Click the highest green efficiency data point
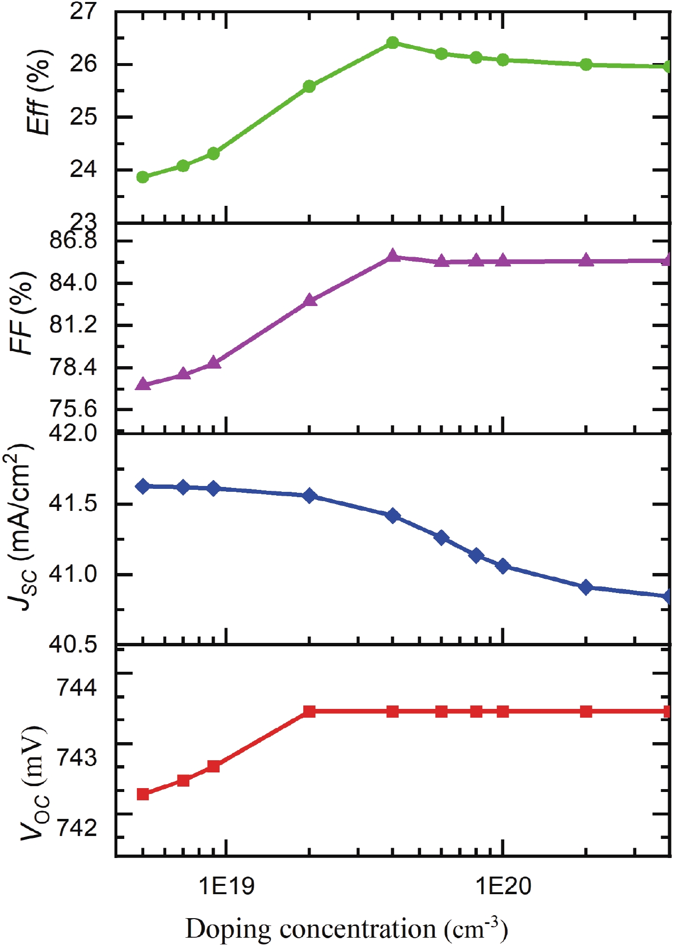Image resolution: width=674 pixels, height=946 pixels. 392,43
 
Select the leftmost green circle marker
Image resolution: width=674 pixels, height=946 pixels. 143,177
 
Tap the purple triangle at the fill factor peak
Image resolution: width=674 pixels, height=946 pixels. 392,256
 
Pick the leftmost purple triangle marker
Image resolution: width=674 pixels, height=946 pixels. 143,384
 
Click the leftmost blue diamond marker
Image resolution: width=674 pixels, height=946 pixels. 143,486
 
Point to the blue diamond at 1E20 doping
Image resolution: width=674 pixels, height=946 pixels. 503,566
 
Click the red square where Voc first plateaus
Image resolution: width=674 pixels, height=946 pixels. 309,711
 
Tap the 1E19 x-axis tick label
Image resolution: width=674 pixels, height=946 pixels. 226,885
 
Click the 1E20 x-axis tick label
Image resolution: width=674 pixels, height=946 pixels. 503,885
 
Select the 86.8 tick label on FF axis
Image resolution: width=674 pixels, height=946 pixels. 73,241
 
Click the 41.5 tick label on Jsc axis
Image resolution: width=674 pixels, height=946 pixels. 73,504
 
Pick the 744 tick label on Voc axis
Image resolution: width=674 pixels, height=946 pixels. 77,687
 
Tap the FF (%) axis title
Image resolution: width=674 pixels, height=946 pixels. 22,313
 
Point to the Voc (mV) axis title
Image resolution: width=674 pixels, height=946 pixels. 34,782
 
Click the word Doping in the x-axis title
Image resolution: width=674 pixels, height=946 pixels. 228,929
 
